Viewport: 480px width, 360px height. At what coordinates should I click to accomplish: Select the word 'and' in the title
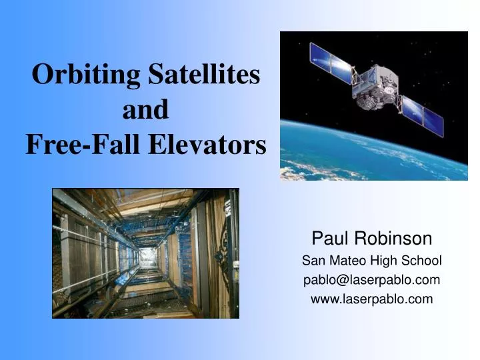(x=145, y=109)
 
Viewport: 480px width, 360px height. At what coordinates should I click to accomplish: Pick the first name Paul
(x=329, y=238)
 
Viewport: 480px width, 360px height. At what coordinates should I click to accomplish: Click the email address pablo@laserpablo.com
(x=372, y=280)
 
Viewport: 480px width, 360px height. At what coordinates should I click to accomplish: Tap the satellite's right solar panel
(x=423, y=113)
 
